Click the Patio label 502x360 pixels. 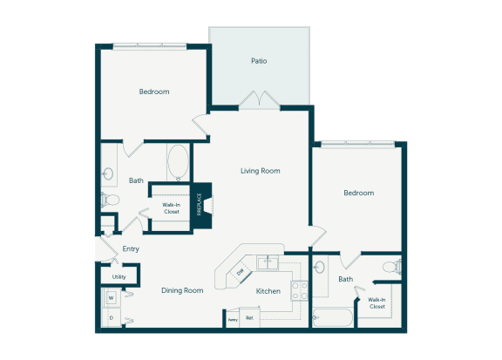click(258, 62)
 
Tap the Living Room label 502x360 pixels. click(260, 171)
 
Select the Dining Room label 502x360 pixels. click(182, 290)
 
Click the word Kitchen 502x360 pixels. click(268, 291)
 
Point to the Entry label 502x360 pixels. click(131, 248)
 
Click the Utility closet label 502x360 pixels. click(119, 277)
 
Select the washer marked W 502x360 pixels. click(112, 298)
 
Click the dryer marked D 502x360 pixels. click(112, 319)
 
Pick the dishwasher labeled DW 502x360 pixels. click(241, 273)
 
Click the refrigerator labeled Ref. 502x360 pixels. click(249, 319)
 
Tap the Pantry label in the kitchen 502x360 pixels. click(232, 320)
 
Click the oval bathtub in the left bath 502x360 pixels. click(178, 161)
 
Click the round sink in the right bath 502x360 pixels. click(320, 267)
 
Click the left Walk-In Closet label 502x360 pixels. click(171, 208)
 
